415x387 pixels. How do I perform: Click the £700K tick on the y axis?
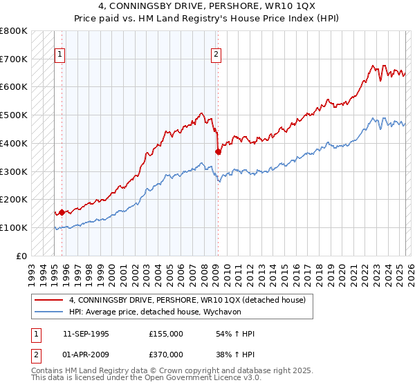(14, 59)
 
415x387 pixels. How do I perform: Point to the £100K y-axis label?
(14, 227)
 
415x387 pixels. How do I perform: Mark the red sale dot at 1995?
(62, 212)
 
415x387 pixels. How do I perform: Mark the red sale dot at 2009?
(218, 151)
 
